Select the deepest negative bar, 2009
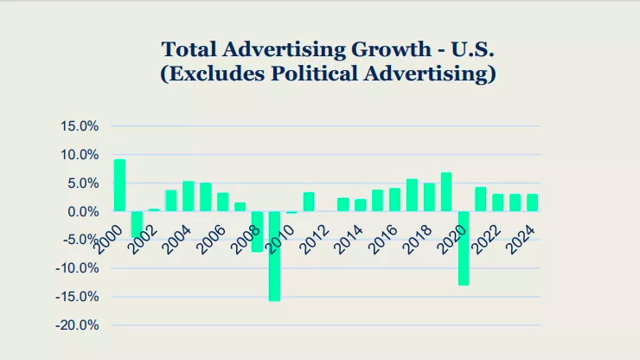tap(274, 256)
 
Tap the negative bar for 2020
tap(464, 248)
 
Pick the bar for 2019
tap(446, 192)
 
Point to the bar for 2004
tap(189, 196)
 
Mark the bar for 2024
tap(533, 202)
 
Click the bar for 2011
tap(309, 202)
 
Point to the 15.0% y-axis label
tap(80, 126)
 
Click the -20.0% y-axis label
tap(78, 325)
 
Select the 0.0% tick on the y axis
tap(83, 212)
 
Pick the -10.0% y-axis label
tap(78, 268)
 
